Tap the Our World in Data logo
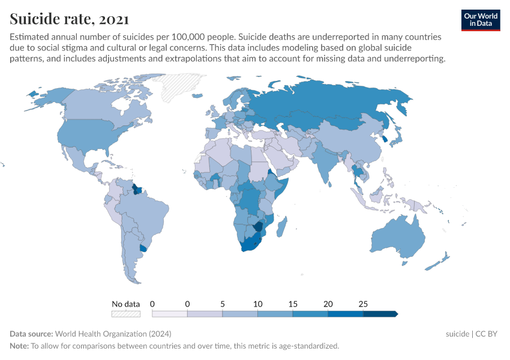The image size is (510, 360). point(480,20)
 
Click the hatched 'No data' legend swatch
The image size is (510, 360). point(126,313)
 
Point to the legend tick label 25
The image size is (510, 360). point(363,304)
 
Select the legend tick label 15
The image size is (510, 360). point(293,304)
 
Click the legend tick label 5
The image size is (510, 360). point(223,304)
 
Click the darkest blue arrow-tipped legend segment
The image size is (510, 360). point(380,313)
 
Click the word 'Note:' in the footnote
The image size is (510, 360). point(19,346)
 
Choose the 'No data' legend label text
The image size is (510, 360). point(126,304)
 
